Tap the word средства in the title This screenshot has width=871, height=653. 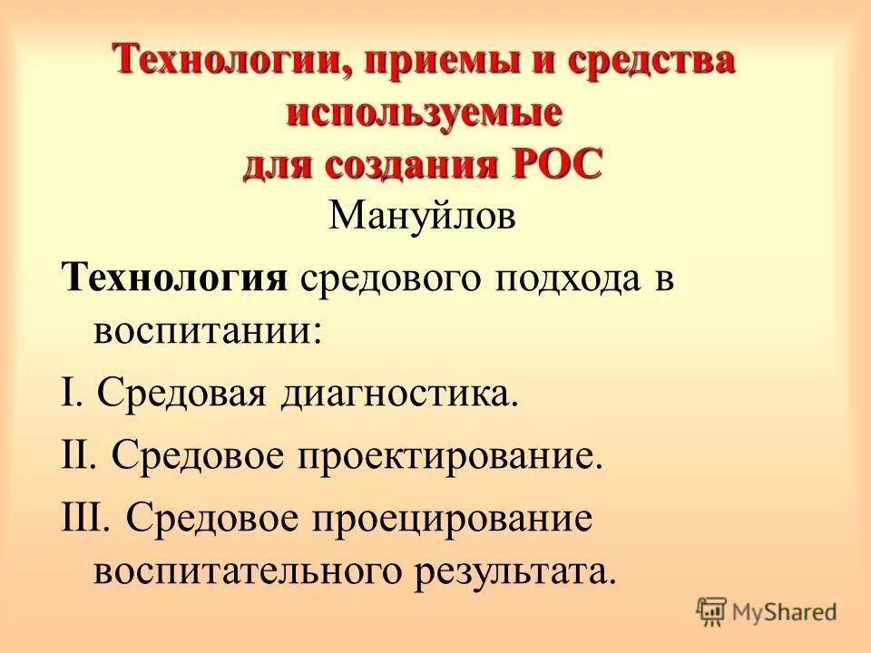[x=650, y=64]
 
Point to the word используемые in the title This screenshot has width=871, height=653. [x=425, y=115]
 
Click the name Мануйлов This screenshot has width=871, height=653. [x=423, y=218]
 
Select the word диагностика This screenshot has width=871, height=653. [x=399, y=395]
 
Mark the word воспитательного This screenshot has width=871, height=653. [x=244, y=571]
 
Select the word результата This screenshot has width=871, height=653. [x=510, y=571]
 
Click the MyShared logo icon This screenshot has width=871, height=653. [x=712, y=612]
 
